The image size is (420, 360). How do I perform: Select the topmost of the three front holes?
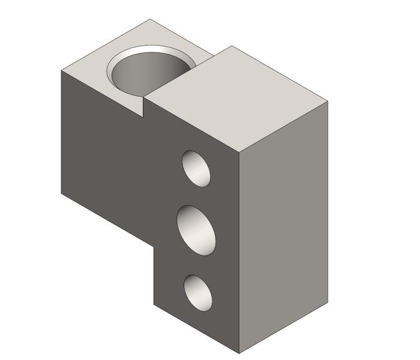click(x=197, y=168)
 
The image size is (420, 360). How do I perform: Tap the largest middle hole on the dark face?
click(x=197, y=230)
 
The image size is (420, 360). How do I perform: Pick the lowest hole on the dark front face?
click(x=198, y=293)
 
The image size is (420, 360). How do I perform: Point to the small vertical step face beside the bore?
click(x=144, y=107)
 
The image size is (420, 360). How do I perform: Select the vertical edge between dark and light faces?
click(x=239, y=252)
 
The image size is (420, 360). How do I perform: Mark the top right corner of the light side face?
click(x=328, y=101)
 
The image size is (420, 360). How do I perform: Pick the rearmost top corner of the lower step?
click(x=149, y=19)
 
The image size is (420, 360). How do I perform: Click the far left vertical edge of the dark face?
click(x=61, y=132)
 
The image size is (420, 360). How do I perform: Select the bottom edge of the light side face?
click(x=284, y=328)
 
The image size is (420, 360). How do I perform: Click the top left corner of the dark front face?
click(x=62, y=70)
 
